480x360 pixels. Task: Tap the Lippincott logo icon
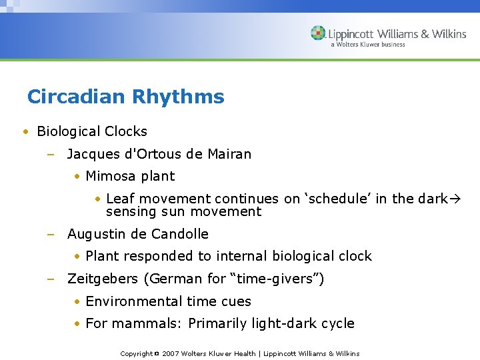point(318,33)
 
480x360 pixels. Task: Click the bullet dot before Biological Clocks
point(25,132)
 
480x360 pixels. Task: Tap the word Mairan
point(229,154)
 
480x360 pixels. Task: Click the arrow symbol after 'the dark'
point(457,199)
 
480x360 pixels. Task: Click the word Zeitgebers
point(103,279)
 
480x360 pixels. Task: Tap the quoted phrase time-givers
point(285,279)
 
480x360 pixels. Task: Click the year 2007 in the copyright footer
point(171,353)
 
